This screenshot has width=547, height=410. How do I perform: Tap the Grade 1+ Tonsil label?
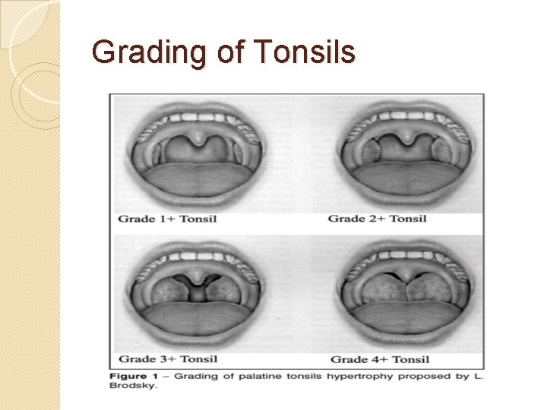pos(167,219)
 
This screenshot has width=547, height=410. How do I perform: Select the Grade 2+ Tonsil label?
pos(377,219)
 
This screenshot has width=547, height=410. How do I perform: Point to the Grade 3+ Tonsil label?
pos(167,359)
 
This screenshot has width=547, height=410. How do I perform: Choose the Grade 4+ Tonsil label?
pos(380,359)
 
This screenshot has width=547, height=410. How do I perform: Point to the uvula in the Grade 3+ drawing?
pos(198,279)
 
